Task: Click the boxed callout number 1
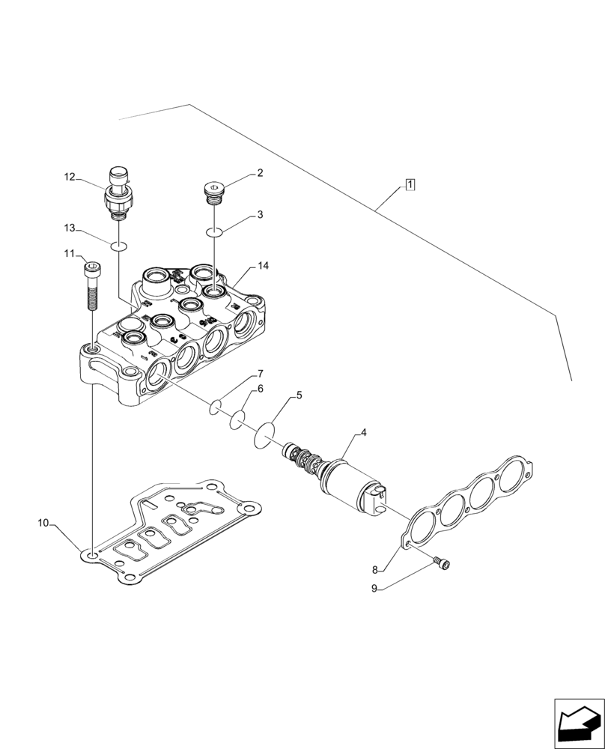pos(410,184)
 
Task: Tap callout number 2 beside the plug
pos(259,173)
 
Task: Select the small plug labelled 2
pos(214,192)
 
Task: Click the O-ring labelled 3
pos(214,232)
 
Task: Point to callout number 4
pos(363,432)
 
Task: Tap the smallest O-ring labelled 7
pos(215,407)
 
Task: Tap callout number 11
pos(69,254)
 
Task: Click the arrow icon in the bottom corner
pos(579,724)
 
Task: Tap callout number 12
pos(70,178)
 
